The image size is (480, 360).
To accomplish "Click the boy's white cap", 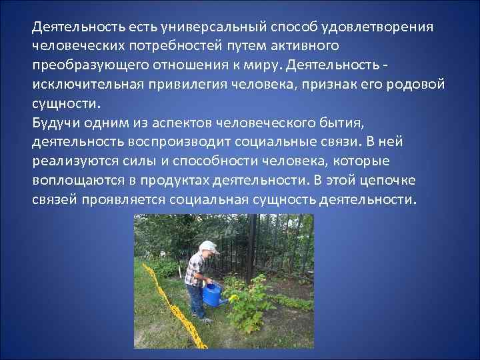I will pyautogui.click(x=209, y=246).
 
